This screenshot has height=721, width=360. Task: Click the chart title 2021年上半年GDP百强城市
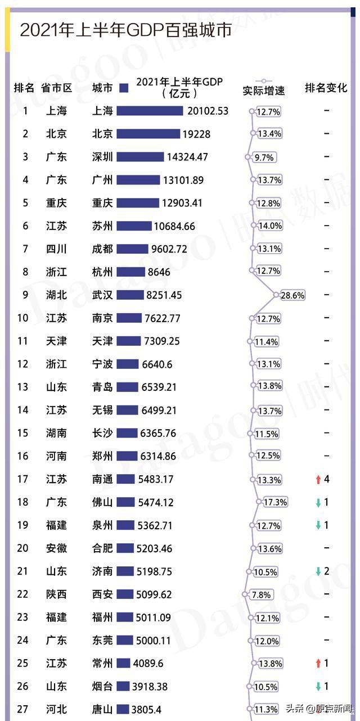(125, 30)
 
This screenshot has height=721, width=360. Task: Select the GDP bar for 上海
(150, 111)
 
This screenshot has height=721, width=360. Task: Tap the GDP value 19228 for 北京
(198, 134)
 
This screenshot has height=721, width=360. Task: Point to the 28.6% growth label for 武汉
(292, 295)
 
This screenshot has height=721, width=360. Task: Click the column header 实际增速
(264, 90)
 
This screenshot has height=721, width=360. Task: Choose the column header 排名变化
(326, 88)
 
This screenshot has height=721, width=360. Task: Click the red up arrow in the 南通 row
(318, 480)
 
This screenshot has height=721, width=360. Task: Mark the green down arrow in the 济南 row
(318, 571)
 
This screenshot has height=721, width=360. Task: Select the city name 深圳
(102, 157)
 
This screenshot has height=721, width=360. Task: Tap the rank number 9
(25, 295)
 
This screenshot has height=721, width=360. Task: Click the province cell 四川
(56, 249)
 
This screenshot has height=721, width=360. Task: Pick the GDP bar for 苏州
(134, 226)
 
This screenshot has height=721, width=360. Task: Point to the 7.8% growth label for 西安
(261, 594)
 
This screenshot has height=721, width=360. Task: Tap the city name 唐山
(102, 709)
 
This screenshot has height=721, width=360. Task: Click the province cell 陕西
(56, 594)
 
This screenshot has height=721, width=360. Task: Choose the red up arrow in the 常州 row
(318, 664)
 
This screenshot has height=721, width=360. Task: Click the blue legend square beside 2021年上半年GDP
(125, 88)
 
